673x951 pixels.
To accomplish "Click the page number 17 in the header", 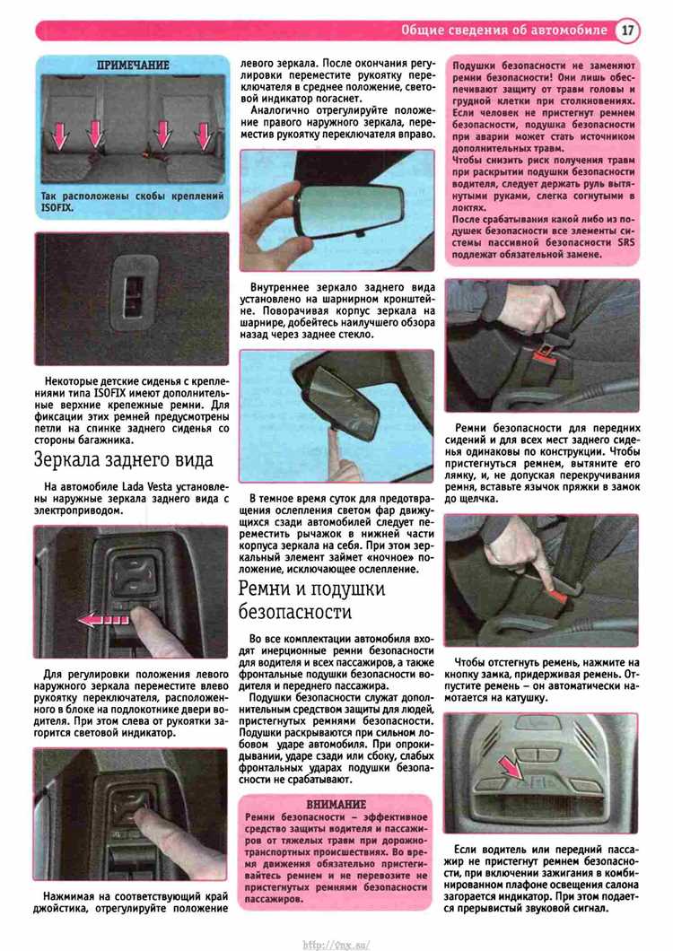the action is click(x=627, y=30).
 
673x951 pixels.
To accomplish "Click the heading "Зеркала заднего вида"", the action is click(x=124, y=459).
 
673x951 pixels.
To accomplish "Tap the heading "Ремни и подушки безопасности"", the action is click(x=312, y=599).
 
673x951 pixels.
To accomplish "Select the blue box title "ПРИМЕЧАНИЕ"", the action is click(x=133, y=65).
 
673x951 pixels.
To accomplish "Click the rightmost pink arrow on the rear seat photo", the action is click(x=204, y=135).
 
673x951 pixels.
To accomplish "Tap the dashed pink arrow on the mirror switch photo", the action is click(x=103, y=619).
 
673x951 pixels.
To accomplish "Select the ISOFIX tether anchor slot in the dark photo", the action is click(x=133, y=295).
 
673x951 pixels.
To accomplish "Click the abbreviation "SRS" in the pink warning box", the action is click(x=625, y=242).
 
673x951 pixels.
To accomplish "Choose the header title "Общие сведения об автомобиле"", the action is click(x=503, y=30).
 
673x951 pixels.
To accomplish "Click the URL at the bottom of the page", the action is click(x=336, y=945).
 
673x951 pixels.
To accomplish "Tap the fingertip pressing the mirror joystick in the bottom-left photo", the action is click(x=141, y=809).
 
